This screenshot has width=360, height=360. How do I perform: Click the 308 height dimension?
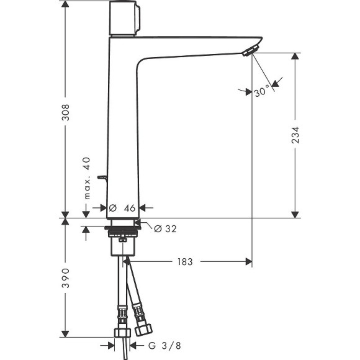(x=66, y=112)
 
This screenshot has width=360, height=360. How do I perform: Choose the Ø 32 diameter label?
(x=163, y=228)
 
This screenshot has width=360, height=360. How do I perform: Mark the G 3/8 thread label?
(x=158, y=344)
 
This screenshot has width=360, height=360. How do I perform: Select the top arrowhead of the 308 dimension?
(x=66, y=5)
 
